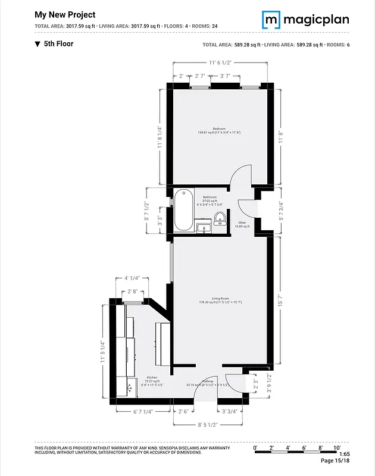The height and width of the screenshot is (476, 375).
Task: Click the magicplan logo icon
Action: point(271,20)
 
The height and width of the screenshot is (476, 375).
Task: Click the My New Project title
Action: point(65,14)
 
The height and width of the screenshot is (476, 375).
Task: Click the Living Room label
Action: point(220,300)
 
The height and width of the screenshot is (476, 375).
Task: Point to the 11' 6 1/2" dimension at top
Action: point(220,62)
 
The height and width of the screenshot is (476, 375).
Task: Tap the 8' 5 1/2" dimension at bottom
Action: point(204,425)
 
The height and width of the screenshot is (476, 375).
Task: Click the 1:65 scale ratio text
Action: point(345,454)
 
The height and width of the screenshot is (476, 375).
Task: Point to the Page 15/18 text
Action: point(336,461)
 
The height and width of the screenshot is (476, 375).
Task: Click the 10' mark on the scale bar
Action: point(336,447)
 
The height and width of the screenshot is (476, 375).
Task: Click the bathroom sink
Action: point(204,228)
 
